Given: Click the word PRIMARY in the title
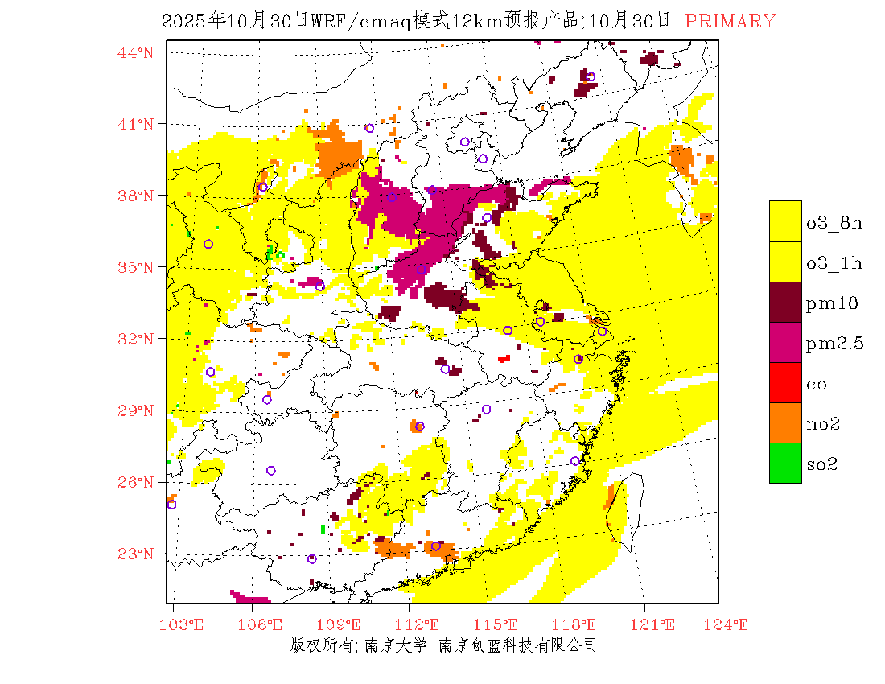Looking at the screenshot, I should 730,22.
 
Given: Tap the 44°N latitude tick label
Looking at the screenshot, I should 135,52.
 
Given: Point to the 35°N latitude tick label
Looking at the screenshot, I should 135,267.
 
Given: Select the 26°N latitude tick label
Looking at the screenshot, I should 135,482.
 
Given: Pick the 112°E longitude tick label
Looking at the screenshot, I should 422,624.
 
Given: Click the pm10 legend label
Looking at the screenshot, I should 832,303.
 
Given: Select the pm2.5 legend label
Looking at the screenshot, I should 835,344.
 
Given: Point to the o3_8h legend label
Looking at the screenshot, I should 834,223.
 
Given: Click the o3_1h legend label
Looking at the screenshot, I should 834,263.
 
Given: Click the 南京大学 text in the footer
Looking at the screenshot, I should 394,645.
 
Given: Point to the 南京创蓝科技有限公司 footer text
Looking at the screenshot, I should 518,645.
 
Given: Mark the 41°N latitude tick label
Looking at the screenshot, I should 135,124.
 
